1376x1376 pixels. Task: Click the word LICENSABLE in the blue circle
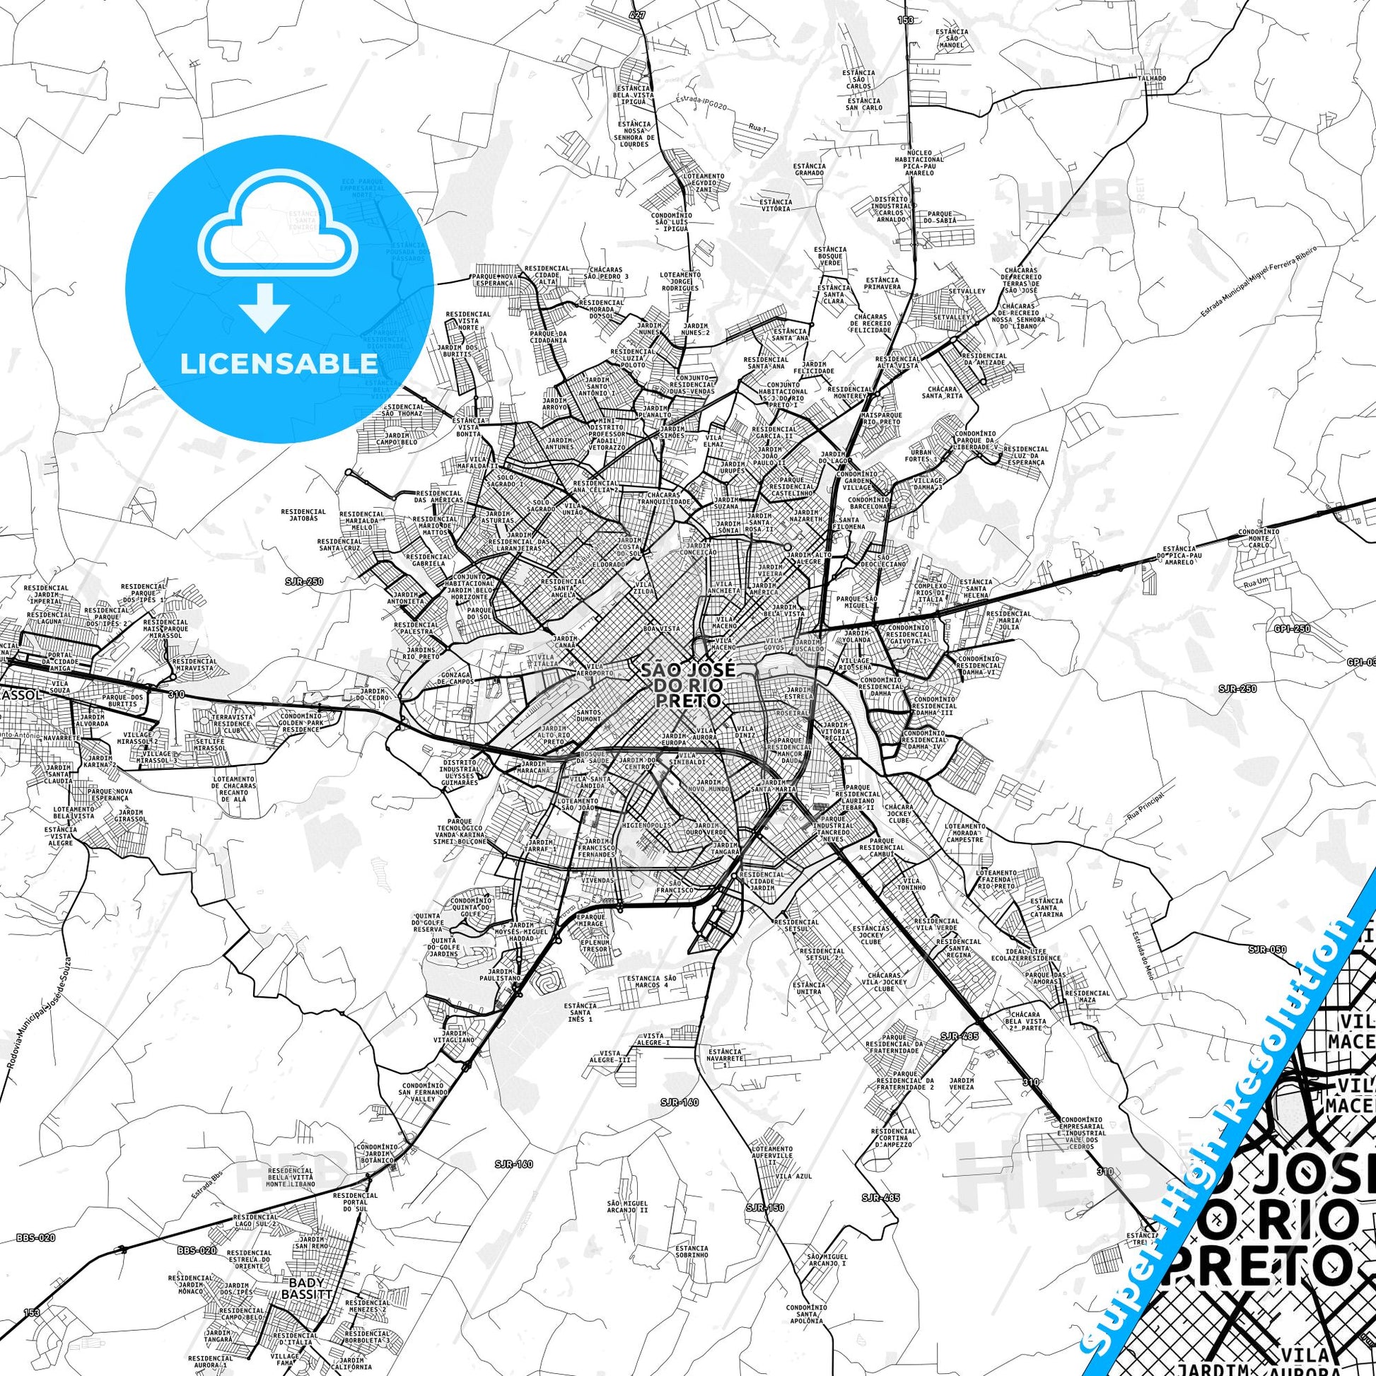click(279, 363)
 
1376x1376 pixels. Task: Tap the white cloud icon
click(279, 235)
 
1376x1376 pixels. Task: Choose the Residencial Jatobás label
click(303, 514)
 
